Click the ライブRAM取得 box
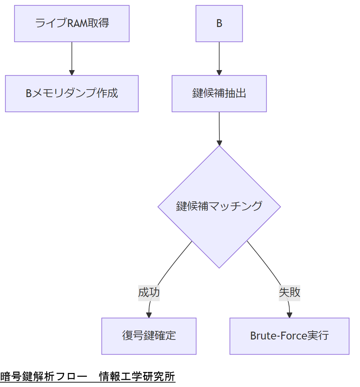click(x=72, y=24)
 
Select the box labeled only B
click(x=219, y=24)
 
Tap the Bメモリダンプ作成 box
click(x=72, y=94)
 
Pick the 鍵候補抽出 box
click(x=219, y=94)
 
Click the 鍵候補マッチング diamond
click(x=219, y=206)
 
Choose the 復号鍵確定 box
click(x=149, y=336)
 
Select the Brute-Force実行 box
click(x=290, y=336)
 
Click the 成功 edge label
click(x=149, y=293)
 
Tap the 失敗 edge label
click(x=290, y=293)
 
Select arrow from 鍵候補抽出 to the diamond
click(x=219, y=128)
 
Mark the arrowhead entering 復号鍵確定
click(x=149, y=316)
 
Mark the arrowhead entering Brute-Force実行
click(x=290, y=316)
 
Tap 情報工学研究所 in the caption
click(x=137, y=377)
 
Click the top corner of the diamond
click(x=219, y=147)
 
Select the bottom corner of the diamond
click(x=219, y=267)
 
